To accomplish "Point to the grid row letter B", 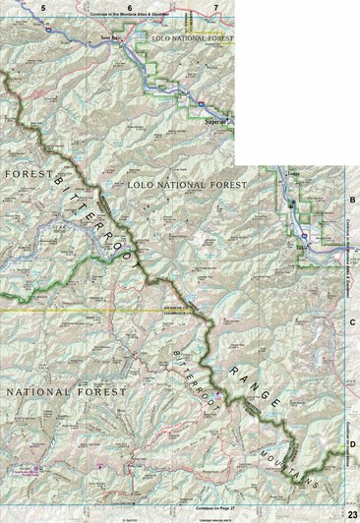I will [352, 201].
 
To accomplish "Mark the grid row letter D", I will [352, 444].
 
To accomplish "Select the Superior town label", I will [214, 122].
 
